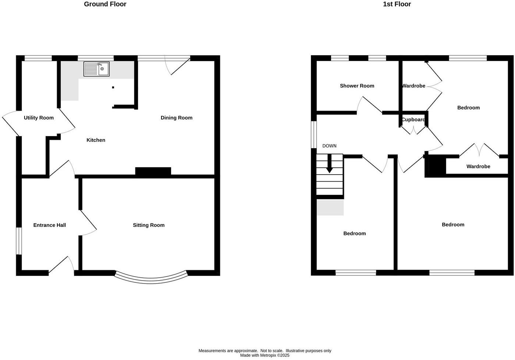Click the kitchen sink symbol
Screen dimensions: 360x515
pos(96,69)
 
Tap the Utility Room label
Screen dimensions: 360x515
pos(39,118)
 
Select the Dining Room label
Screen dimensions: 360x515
pos(177,118)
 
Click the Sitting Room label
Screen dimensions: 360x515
pos(149,225)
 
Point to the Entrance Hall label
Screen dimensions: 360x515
pos(50,225)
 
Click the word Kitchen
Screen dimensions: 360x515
pos(96,140)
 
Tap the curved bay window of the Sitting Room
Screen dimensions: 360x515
pos(151,278)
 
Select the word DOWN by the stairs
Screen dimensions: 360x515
pos(329,146)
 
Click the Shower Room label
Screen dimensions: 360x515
pos(357,86)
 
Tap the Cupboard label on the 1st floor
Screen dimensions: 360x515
pos(413,120)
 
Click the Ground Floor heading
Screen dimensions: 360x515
pos(105,4)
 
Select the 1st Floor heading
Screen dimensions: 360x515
pos(397,4)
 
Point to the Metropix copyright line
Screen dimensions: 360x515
pos(264,356)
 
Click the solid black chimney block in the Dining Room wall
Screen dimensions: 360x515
pos(153,171)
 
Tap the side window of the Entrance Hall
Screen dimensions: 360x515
pos(18,241)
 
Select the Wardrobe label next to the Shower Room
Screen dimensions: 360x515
pos(413,86)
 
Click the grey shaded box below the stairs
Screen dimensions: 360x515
pos(330,207)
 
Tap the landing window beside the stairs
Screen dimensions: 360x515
pos(314,135)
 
